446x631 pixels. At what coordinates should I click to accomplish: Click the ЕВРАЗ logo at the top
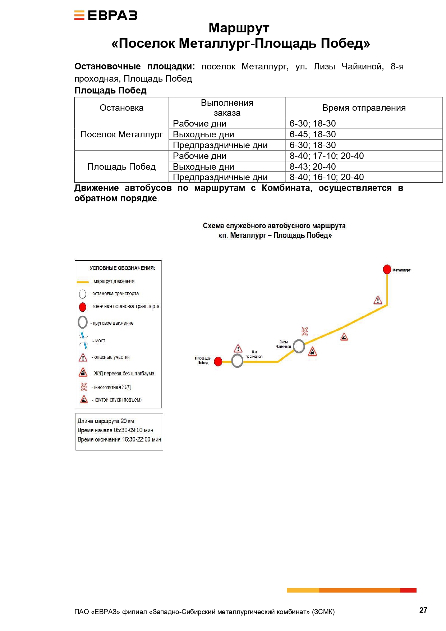[106, 15]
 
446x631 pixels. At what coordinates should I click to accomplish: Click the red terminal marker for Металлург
[387, 269]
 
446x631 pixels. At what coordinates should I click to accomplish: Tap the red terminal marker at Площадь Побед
[218, 362]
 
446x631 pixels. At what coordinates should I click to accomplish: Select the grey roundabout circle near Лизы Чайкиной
[299, 346]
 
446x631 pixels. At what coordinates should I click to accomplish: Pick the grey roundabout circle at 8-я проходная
[237, 361]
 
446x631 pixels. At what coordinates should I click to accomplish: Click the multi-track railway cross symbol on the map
[305, 331]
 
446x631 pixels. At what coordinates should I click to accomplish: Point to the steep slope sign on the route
[344, 337]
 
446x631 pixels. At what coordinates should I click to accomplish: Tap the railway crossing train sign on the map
[313, 351]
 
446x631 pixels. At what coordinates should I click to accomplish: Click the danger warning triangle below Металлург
[378, 300]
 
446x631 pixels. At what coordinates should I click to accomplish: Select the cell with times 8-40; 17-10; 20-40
[364, 156]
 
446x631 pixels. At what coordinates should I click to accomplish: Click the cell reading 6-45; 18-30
[364, 134]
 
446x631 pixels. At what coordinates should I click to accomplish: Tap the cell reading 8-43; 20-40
[364, 166]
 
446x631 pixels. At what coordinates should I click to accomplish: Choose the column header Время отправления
[364, 108]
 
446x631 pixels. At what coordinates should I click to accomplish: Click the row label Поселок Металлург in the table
[121, 134]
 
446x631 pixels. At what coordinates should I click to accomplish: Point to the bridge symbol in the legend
[84, 340]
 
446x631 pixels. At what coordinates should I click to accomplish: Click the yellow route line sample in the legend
[83, 282]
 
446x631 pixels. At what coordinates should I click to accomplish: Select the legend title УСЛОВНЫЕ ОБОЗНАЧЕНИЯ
[122, 268]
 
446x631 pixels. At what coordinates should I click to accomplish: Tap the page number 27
[423, 610]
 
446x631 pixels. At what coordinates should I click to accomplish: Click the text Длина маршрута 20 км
[106, 421]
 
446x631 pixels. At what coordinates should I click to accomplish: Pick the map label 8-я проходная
[254, 354]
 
